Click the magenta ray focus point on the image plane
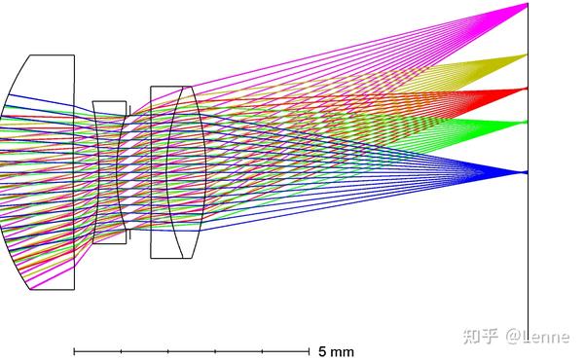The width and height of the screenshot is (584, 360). click(527, 4)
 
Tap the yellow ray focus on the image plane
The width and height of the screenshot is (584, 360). click(527, 55)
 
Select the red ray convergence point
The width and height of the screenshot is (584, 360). click(527, 89)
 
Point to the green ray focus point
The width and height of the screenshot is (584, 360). click(527, 122)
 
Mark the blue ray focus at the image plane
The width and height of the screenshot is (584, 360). click(527, 172)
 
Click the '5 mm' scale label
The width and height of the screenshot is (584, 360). click(336, 351)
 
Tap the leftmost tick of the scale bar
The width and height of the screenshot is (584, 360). click(74, 351)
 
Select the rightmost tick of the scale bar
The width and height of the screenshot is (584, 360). click(309, 351)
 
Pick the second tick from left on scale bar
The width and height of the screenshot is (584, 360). click(121, 351)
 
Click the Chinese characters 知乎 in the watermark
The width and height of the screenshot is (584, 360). click(481, 337)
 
